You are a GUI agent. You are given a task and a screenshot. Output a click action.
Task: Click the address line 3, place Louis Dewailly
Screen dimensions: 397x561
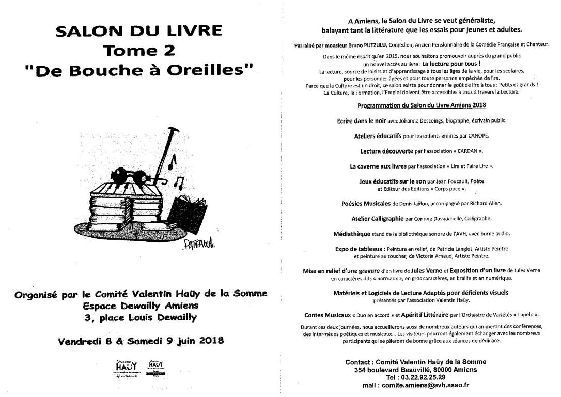pos(141,317)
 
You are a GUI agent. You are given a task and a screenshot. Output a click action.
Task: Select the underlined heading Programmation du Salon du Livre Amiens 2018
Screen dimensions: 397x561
pos(422,105)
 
